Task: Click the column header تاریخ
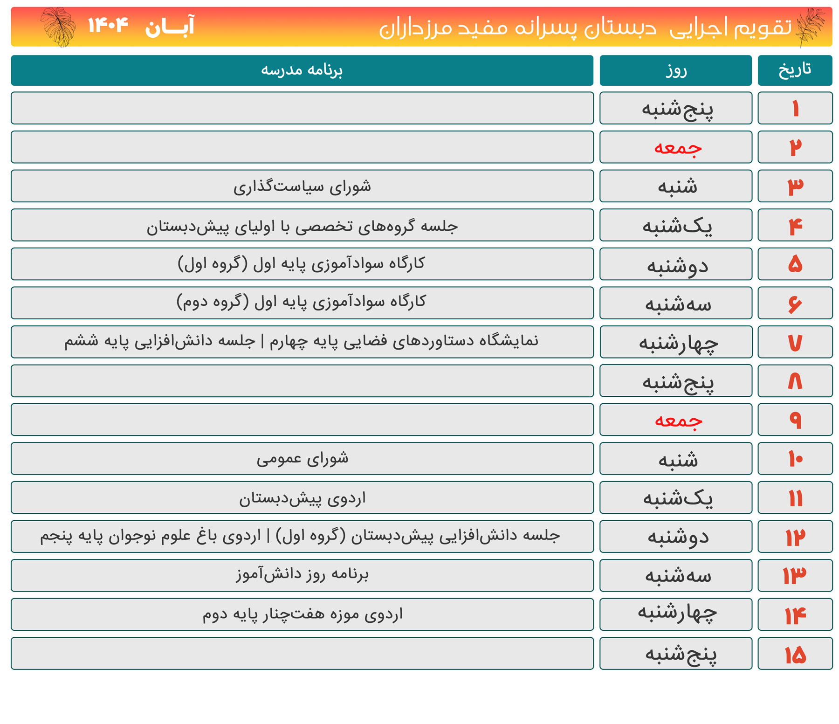[x=795, y=70]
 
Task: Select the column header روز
[x=675, y=70]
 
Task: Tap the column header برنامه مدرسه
[x=302, y=70]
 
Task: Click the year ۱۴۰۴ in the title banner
[x=108, y=25]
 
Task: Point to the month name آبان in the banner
[x=170, y=27]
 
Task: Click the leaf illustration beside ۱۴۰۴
[x=58, y=27]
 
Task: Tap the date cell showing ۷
[x=795, y=342]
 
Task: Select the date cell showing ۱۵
[x=795, y=654]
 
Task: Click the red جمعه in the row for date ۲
[x=678, y=147]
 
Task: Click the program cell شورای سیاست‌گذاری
[x=302, y=186]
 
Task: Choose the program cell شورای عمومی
[x=302, y=459]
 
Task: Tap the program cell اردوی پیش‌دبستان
[x=302, y=498]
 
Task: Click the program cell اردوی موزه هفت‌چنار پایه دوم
[x=302, y=614]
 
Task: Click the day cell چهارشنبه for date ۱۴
[x=677, y=614]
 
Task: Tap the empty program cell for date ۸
[x=302, y=381]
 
